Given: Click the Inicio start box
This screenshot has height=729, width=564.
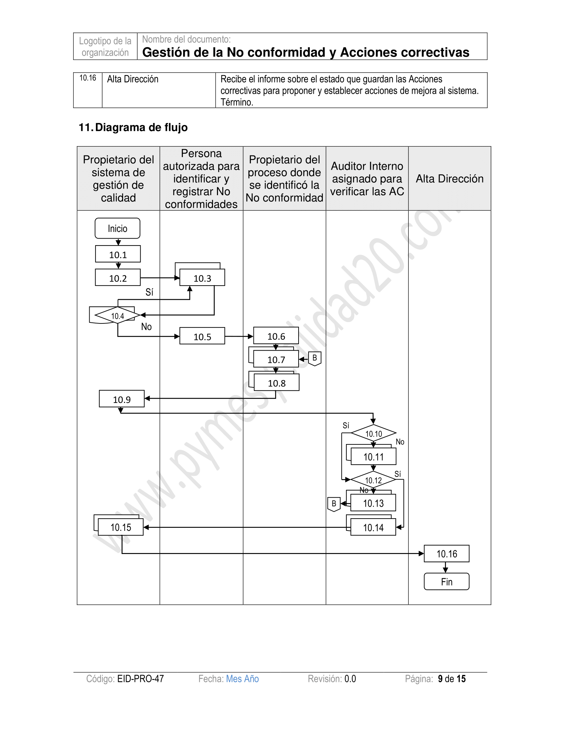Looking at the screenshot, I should click(x=117, y=228).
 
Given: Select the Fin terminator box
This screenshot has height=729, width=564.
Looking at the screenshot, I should click(x=446, y=582).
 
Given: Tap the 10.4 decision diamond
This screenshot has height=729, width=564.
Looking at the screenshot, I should click(x=117, y=315).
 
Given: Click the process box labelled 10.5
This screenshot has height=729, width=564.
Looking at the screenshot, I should click(x=202, y=336).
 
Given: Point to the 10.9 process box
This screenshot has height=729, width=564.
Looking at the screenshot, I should click(x=122, y=399).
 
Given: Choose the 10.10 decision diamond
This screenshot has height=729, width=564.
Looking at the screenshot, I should click(x=374, y=434).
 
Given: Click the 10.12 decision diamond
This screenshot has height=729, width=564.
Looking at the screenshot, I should click(x=373, y=480).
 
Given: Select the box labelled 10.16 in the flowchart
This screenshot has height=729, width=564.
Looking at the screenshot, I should click(x=446, y=554).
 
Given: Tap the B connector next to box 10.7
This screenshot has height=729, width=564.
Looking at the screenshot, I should click(x=315, y=359).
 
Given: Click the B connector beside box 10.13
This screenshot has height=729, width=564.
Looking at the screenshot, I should click(x=334, y=504).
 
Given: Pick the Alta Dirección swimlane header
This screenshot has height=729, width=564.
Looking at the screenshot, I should click(x=450, y=179).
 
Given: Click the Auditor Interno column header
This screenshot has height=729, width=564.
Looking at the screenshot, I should click(x=367, y=179).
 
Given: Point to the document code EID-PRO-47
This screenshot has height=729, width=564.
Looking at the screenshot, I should click(x=140, y=679).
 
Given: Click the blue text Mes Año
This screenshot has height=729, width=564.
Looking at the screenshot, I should click(x=242, y=679).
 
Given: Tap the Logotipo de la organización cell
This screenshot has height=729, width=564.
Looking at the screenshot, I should click(x=105, y=46).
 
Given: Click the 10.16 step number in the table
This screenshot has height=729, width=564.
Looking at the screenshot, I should click(x=88, y=78).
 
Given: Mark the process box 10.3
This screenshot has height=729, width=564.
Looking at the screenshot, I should click(x=202, y=278).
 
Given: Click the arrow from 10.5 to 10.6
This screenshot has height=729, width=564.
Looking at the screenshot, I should click(x=239, y=336).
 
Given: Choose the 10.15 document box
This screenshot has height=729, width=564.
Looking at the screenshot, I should click(x=121, y=528).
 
